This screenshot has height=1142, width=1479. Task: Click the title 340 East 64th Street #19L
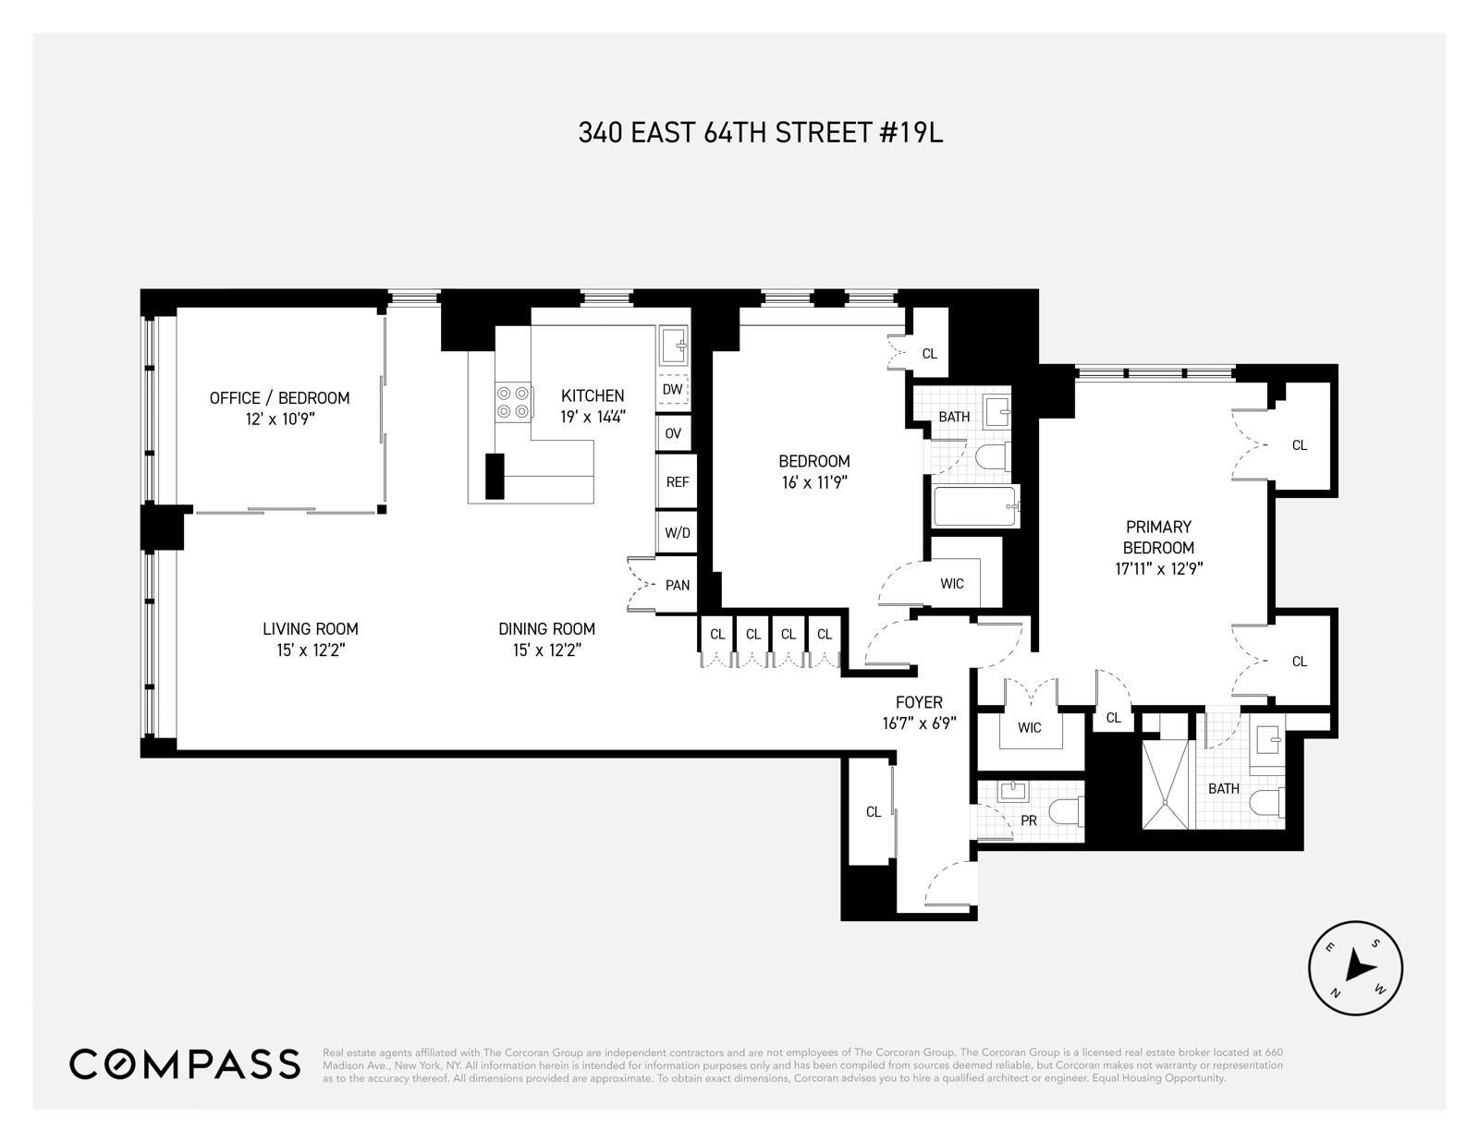tap(760, 133)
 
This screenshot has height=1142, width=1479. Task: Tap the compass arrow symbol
tap(1356, 967)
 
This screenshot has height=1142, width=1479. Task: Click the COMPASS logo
tap(185, 1063)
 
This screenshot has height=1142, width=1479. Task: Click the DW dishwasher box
tap(673, 390)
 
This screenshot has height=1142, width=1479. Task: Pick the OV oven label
tap(673, 433)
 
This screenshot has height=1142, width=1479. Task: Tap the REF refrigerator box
tap(677, 482)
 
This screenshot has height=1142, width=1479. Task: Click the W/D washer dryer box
tap(677, 533)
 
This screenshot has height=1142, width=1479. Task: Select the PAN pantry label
tap(677, 585)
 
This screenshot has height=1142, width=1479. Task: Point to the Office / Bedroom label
tap(279, 398)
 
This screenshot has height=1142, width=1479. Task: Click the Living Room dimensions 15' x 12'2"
tap(310, 650)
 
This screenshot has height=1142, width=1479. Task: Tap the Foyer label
tap(919, 702)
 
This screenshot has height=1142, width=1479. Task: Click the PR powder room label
tap(1028, 820)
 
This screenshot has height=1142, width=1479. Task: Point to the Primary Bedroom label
tap(1158, 537)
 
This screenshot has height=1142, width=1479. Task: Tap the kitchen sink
tap(674, 347)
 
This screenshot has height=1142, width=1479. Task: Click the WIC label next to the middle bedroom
tap(951, 584)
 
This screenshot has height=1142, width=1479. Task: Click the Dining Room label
tap(546, 629)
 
